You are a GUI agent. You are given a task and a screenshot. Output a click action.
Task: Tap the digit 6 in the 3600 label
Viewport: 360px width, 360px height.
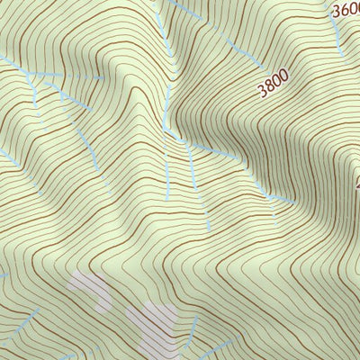(342, 10)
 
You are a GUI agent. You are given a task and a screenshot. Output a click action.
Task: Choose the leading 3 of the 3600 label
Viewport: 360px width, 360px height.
(336, 13)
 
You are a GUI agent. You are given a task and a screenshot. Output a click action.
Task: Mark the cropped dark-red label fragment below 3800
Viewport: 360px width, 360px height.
(356, 184)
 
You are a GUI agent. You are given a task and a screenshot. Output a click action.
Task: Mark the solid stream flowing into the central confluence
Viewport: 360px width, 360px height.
(167, 99)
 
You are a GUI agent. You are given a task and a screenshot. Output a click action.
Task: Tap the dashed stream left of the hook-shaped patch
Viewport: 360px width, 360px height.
(27, 319)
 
